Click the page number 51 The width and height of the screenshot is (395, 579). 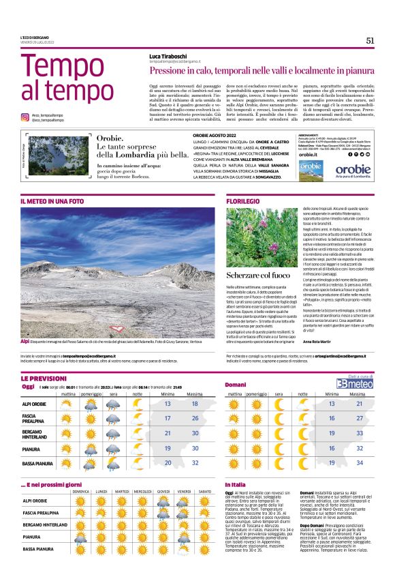coord(370,40)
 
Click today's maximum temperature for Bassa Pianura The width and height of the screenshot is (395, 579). coord(195,462)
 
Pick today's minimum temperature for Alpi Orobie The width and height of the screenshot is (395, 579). coord(167,404)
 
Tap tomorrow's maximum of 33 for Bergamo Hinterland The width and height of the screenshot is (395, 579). coord(353,433)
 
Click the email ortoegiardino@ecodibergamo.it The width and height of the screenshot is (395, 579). coord(333,355)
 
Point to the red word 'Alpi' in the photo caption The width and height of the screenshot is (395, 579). coord(25,340)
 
